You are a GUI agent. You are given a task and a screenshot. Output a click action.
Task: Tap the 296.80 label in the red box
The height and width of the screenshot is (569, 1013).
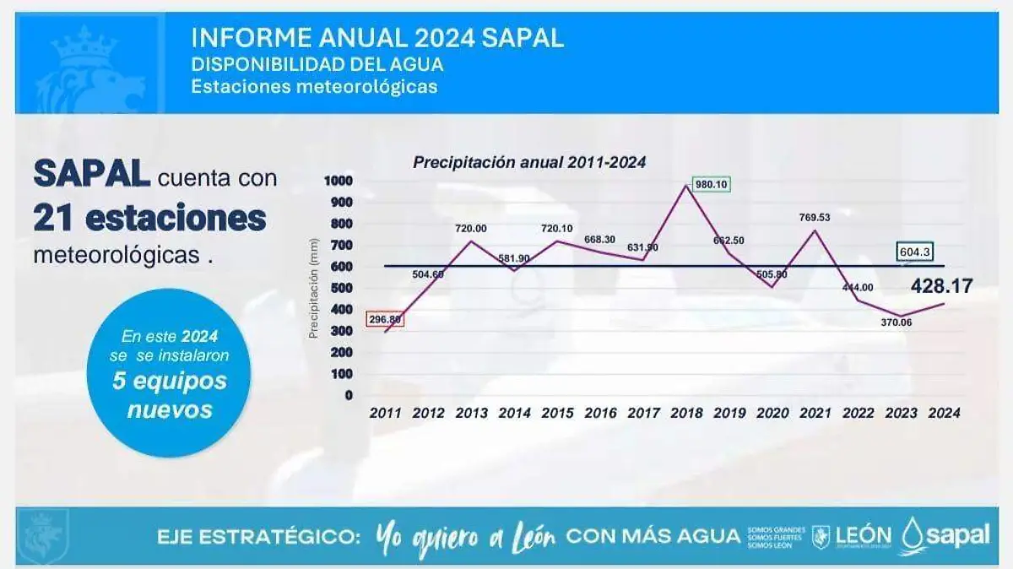[385, 320]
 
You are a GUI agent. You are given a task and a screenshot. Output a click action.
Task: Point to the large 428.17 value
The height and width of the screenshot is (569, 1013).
[941, 286]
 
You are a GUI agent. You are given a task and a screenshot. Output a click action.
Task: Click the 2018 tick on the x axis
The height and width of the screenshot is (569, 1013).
[686, 413]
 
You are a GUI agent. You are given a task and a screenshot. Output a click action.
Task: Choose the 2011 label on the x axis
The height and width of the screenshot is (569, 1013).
[385, 413]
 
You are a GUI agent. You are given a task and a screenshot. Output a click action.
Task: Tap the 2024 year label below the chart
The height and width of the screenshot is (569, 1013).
[943, 413]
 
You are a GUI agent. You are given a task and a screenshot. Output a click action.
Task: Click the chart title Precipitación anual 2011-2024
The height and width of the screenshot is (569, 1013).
[529, 163]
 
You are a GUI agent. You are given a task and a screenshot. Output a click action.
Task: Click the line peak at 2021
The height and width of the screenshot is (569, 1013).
[815, 230]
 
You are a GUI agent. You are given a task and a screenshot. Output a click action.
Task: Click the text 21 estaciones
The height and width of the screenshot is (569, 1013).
[149, 218]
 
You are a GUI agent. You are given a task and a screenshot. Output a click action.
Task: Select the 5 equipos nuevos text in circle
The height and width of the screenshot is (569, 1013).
[170, 395]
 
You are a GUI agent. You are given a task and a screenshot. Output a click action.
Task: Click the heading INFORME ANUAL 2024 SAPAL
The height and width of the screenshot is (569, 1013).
[377, 38]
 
